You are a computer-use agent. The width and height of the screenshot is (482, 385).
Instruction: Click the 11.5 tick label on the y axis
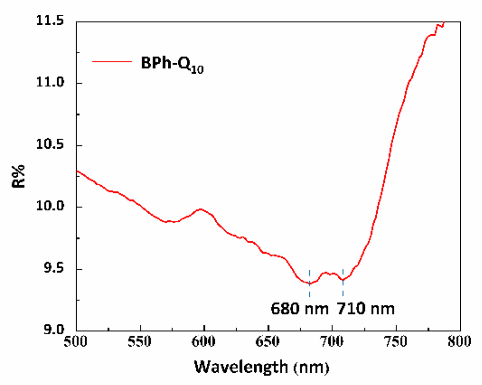pos(50,21)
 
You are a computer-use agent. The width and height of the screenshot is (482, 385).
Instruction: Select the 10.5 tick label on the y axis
pos(50,145)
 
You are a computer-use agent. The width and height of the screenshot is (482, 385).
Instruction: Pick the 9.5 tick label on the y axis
pos(53,268)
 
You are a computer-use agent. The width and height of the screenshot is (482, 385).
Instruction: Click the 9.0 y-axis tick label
pos(53,330)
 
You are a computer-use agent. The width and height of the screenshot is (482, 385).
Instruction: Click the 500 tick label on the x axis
pos(76,342)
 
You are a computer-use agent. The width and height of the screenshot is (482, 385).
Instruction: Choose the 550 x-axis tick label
pos(140,342)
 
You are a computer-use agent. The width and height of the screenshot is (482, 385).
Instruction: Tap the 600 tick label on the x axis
pos(204,342)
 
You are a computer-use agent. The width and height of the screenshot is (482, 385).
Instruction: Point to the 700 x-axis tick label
pos(332,342)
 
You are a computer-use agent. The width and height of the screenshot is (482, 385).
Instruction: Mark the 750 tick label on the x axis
pos(396,342)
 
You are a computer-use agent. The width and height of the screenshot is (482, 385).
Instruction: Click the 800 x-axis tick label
pos(459,342)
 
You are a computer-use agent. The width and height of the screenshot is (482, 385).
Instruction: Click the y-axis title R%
pos(19,176)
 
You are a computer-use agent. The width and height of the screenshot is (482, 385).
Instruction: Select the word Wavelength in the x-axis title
pos(241,367)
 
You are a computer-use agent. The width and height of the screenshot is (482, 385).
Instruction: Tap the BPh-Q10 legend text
pos(172,64)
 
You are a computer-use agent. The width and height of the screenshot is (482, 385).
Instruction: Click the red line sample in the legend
pos(112,61)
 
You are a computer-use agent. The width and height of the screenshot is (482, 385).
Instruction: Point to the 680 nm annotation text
pos(299,309)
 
